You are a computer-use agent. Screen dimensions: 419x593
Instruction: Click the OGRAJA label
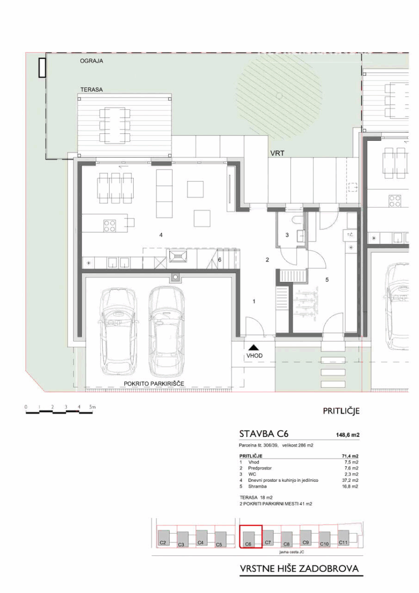(x=91, y=61)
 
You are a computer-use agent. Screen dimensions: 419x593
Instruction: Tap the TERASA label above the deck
(x=91, y=90)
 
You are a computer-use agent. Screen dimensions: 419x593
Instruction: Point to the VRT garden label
(x=277, y=153)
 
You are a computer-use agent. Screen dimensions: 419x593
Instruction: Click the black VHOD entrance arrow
(x=254, y=347)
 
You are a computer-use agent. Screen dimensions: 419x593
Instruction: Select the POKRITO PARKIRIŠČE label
(x=154, y=383)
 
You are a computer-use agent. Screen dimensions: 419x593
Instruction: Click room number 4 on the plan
(x=161, y=235)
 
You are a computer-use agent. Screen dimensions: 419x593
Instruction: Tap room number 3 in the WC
(x=287, y=235)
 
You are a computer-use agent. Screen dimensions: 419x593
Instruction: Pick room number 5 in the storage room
(x=327, y=280)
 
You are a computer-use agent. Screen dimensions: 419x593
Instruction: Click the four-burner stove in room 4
(x=110, y=226)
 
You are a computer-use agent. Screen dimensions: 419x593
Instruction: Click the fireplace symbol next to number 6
(x=177, y=256)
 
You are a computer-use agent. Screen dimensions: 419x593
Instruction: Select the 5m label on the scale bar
(x=92, y=407)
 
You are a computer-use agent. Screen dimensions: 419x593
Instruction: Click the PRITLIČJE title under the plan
(x=342, y=411)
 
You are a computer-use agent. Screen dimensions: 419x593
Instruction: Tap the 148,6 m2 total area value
(x=347, y=435)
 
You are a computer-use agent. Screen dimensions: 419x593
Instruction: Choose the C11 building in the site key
(x=343, y=536)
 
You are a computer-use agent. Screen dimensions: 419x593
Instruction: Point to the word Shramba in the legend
(x=257, y=486)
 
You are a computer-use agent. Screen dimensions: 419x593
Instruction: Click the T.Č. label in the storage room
(x=350, y=235)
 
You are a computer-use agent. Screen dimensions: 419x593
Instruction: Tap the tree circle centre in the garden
(x=279, y=95)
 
